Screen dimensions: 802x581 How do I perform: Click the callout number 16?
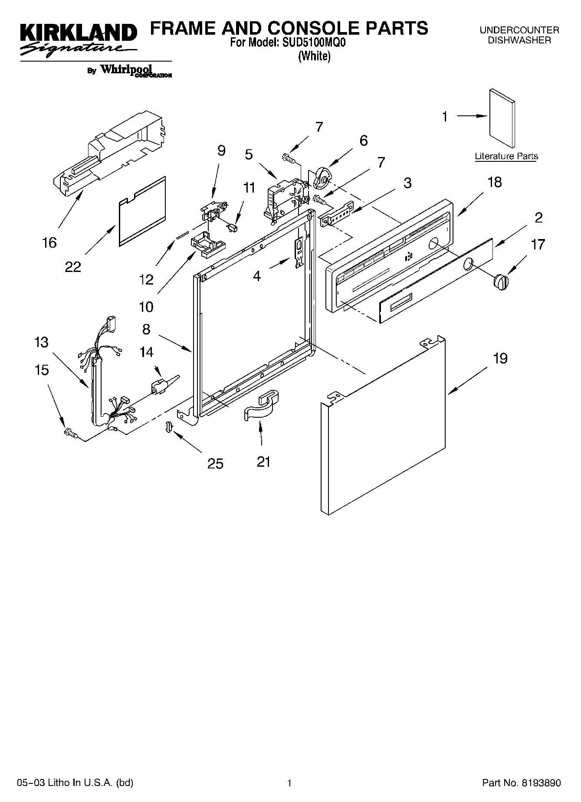50,242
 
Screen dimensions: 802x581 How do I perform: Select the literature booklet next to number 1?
502,119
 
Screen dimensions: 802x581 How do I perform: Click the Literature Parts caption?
506,156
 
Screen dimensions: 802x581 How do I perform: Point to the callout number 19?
500,358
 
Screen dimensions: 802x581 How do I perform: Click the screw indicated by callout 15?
69,432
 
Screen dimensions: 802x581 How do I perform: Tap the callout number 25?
215,464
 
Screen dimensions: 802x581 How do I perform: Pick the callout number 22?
73,267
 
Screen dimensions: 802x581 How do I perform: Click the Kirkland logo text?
78,33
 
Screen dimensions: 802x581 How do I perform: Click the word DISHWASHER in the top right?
519,40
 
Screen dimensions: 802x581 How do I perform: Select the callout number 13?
42,342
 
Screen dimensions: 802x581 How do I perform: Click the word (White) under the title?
315,56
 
